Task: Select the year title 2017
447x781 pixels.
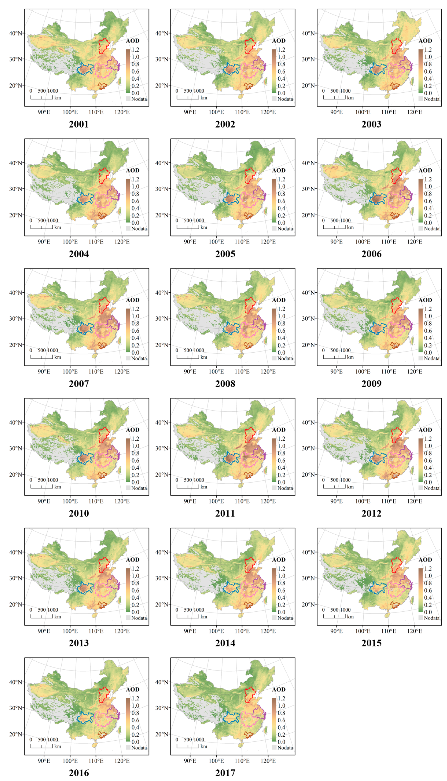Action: (x=225, y=772)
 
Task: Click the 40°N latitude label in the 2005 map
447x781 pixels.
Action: (x=162, y=163)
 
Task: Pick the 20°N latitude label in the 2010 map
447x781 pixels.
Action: (x=15, y=475)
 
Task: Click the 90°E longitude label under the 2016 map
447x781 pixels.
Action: (x=44, y=761)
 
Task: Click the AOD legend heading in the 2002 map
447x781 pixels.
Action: (x=279, y=41)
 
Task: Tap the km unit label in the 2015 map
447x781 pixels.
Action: (x=350, y=617)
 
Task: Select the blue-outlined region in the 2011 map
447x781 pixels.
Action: (x=232, y=458)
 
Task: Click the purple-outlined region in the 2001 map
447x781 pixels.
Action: (x=113, y=63)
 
